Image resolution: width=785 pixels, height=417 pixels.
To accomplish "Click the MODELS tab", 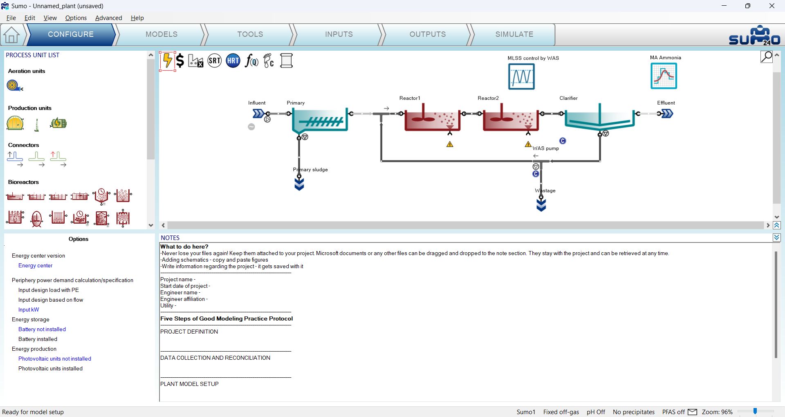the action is click(x=161, y=34).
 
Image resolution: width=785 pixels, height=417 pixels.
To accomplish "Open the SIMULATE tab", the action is click(x=514, y=34).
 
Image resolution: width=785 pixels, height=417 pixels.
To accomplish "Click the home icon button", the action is click(x=11, y=35).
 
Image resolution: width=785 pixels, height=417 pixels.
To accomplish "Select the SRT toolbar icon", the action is click(x=215, y=61).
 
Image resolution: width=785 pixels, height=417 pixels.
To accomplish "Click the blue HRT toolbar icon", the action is click(x=233, y=61).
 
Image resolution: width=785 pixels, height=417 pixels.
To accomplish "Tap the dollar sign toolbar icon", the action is click(x=180, y=61).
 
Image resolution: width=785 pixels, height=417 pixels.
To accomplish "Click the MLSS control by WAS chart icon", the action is click(x=521, y=76).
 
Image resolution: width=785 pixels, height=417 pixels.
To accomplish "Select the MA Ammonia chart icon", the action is click(x=664, y=76).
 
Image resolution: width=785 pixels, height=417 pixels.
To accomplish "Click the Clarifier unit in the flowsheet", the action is click(x=599, y=119).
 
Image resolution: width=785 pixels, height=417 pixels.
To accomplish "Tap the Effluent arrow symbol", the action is click(x=667, y=113).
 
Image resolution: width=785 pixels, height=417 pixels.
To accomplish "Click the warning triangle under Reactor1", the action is click(x=450, y=144).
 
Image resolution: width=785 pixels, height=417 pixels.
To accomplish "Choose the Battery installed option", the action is click(x=38, y=339).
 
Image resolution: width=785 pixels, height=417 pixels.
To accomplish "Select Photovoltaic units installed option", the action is click(x=50, y=368).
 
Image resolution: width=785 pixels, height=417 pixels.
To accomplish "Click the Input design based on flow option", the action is click(x=51, y=300).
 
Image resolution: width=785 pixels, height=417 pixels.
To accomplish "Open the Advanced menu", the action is click(x=109, y=18).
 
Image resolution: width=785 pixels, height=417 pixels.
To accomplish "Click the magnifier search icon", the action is click(x=767, y=56).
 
